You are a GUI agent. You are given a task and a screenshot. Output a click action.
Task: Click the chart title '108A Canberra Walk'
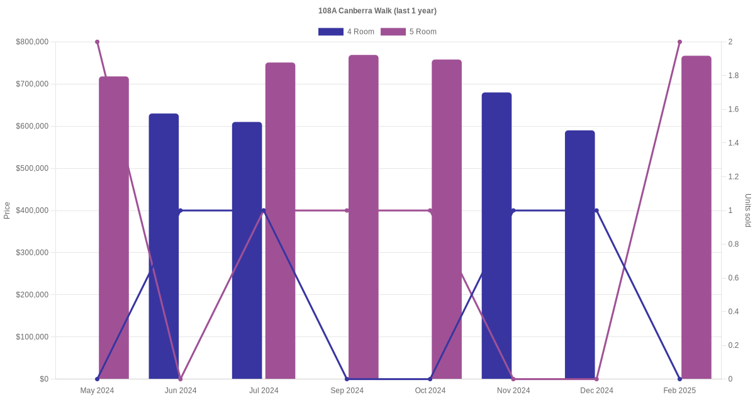[x=377, y=11]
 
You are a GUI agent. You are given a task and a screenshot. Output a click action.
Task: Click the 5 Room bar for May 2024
[x=114, y=227]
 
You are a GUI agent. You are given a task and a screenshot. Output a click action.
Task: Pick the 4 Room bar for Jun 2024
[x=164, y=246]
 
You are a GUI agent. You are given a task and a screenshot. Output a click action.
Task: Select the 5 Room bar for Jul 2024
[x=280, y=221]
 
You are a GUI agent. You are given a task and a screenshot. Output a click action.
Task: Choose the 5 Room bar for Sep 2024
[x=364, y=217]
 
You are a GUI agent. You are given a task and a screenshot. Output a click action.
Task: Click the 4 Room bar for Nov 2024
[x=496, y=236]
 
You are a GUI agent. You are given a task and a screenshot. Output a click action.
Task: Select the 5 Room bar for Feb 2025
[x=696, y=217]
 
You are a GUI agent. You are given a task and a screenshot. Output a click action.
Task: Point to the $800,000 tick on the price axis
[x=32, y=42]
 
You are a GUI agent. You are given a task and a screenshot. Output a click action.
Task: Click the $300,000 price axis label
[x=32, y=253]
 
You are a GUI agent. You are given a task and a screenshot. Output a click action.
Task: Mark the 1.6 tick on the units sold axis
[x=734, y=110]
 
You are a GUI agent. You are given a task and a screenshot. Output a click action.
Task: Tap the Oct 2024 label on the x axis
[x=430, y=391]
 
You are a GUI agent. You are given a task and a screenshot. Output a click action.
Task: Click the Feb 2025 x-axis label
[x=679, y=391]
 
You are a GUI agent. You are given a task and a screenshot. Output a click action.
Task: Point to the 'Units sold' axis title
[x=748, y=210]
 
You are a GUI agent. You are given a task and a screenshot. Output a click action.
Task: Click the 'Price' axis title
[x=7, y=210]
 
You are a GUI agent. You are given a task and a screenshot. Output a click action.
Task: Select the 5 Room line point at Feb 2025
[x=679, y=42]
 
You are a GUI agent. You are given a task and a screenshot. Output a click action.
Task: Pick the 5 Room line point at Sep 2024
[x=347, y=210]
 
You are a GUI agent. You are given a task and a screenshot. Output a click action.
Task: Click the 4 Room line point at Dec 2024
[x=596, y=210]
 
